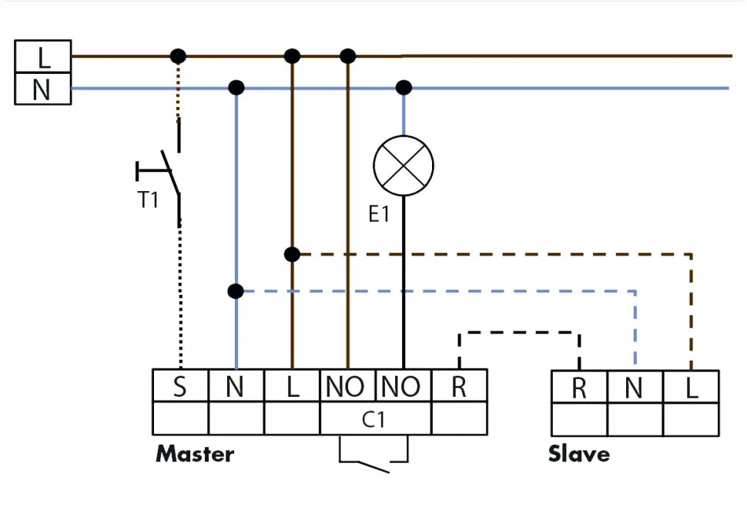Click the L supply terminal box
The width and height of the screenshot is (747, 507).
[x=43, y=56]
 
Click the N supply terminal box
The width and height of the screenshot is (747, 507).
[x=43, y=89]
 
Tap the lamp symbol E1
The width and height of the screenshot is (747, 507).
[x=403, y=166]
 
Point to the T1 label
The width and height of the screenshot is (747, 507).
[x=148, y=200]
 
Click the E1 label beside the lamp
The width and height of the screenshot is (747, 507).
[x=379, y=214]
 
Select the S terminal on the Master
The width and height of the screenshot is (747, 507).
[x=180, y=386]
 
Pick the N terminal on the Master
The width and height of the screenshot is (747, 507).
[x=236, y=386]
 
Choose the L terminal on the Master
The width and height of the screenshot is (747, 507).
[x=292, y=386]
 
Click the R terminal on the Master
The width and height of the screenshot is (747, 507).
[x=459, y=386]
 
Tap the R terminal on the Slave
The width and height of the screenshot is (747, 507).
[x=579, y=388]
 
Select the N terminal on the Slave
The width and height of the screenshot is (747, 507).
[x=635, y=388]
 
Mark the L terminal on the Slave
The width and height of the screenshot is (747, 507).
[x=691, y=388]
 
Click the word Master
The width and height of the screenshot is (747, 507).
[x=195, y=453]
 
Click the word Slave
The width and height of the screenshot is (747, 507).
[x=578, y=453]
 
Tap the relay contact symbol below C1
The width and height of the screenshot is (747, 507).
[x=374, y=461]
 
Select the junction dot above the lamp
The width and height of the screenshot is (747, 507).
[x=403, y=88]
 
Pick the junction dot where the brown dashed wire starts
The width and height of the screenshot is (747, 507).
[x=292, y=254]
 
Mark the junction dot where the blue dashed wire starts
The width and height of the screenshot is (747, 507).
[x=236, y=291]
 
